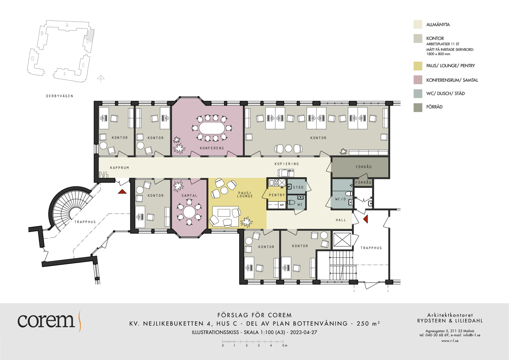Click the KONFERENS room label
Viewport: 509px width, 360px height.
tap(212, 148)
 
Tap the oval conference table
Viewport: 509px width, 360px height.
tap(212, 128)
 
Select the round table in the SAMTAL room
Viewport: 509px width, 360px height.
tap(189, 212)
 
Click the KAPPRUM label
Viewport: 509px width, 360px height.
tap(120, 168)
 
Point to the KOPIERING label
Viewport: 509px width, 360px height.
tap(287, 164)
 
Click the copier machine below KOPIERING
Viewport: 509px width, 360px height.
tap(286, 173)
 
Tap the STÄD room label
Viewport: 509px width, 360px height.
tap(298, 187)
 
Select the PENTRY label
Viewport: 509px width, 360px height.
tap(277, 195)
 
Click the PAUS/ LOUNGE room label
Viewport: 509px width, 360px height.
tap(245, 195)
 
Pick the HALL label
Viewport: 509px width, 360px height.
tap(341, 220)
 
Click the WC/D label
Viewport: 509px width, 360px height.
tap(340, 199)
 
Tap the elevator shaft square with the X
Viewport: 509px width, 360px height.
tap(342, 240)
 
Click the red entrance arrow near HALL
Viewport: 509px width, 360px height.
tap(366, 219)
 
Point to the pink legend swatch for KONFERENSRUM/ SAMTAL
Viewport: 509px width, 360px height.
tap(418, 80)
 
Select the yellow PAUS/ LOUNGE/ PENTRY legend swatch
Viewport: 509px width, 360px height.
tap(418, 66)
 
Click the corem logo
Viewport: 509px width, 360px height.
tap(49, 321)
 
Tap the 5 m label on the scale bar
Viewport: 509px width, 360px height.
tap(285, 346)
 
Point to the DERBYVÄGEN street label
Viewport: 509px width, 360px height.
tap(60, 96)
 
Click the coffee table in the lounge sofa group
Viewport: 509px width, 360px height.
tap(224, 213)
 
